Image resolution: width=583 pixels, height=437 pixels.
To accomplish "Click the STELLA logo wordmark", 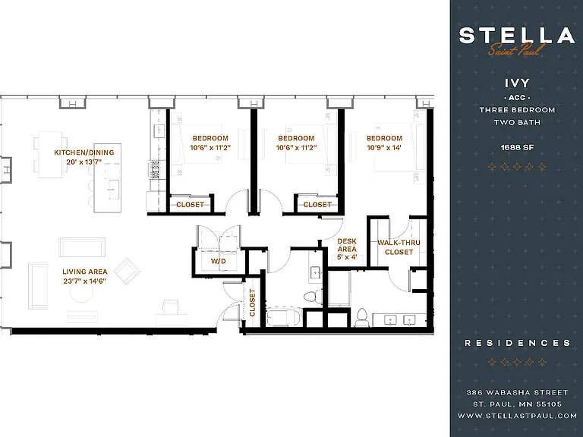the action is click(517, 36).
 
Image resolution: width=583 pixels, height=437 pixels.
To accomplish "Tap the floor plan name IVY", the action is click(517, 83).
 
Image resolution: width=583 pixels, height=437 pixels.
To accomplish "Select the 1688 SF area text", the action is click(517, 147).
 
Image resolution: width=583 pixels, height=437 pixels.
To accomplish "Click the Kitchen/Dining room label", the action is click(84, 152).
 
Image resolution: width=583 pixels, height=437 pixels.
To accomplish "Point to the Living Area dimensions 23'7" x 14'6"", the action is click(85, 281).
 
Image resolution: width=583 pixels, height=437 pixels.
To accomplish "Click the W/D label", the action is click(219, 261).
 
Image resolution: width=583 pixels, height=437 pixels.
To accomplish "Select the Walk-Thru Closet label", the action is click(399, 247).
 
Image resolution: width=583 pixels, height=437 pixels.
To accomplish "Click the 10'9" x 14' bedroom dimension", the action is click(384, 147).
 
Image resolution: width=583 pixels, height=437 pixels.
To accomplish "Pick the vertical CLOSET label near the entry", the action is click(253, 303).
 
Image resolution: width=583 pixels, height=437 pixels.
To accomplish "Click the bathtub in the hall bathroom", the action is click(283, 316).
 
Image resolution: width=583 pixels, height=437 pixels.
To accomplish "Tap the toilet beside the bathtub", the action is click(313, 297).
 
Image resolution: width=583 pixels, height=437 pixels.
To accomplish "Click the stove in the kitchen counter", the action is click(154, 170).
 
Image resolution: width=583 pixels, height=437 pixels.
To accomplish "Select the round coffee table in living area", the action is click(82, 291).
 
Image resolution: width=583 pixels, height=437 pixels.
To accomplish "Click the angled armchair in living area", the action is click(127, 271).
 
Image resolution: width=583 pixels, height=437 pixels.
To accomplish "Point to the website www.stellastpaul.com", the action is click(517, 416).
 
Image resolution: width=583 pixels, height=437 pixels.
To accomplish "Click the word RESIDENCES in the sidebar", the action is click(517, 343).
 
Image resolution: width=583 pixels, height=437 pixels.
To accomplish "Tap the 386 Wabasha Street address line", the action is click(517, 392).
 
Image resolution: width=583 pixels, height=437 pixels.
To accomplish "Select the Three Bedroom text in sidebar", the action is click(517, 110).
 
